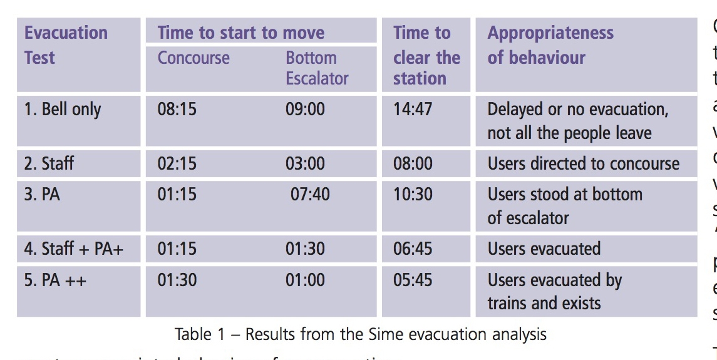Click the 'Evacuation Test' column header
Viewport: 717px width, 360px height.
(x=66, y=45)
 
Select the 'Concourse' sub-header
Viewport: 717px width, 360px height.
(x=193, y=58)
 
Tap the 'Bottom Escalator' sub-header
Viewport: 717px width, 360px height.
(x=317, y=68)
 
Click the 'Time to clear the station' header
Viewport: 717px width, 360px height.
(x=426, y=56)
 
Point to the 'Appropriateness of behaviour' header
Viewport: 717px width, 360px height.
(x=550, y=45)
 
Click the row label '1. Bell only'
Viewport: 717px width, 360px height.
(x=63, y=110)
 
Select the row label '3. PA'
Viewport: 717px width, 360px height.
(x=42, y=194)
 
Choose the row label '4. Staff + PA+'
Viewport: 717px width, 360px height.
(x=74, y=249)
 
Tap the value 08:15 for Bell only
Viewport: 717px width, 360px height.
(x=177, y=110)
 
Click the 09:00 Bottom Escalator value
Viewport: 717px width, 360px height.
(x=305, y=110)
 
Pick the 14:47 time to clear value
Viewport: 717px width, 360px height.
(x=413, y=110)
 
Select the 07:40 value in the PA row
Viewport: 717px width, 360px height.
(x=310, y=194)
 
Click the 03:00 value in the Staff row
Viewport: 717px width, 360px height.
(x=305, y=164)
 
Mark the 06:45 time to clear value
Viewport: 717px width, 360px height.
(x=413, y=249)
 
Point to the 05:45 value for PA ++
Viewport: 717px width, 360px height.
(x=413, y=279)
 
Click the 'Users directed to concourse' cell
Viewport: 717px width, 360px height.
(x=583, y=164)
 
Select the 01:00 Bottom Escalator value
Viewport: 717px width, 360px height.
(x=305, y=279)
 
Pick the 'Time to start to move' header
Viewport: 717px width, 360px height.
(x=241, y=33)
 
